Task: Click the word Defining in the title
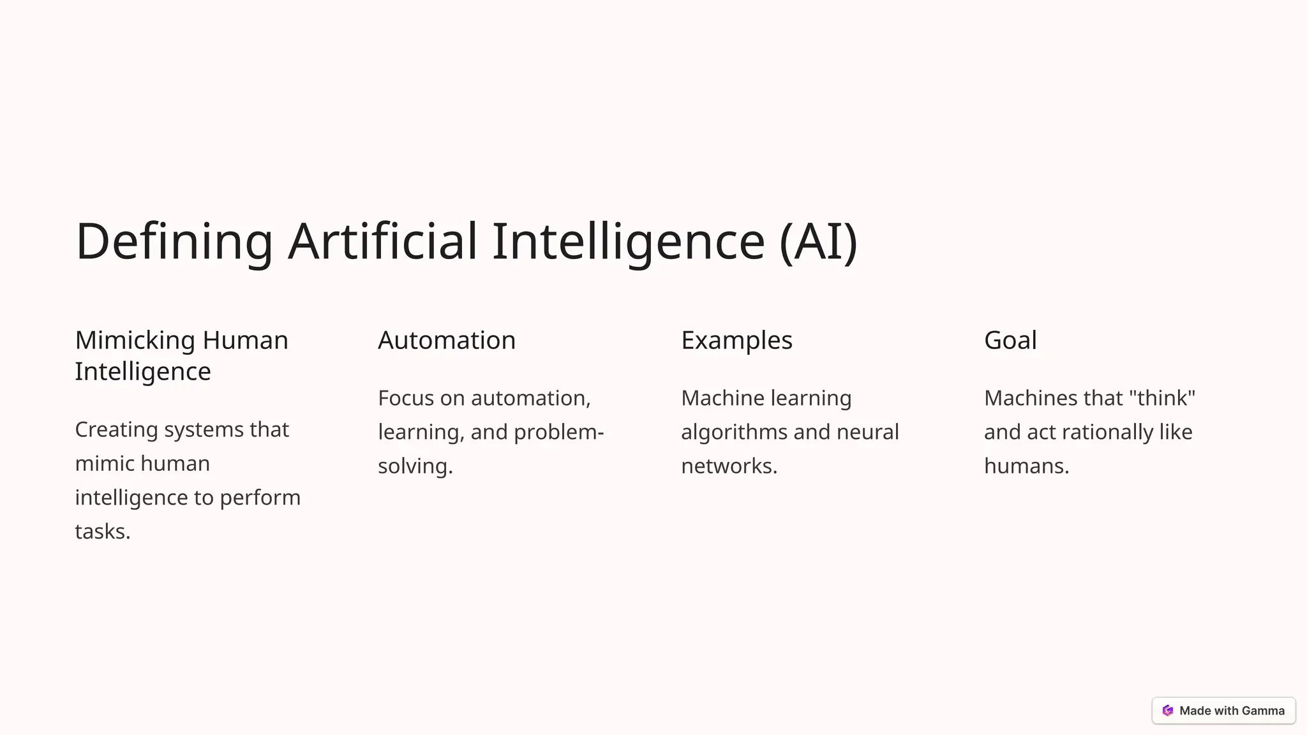[174, 241]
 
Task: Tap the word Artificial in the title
[382, 241]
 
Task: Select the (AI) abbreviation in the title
[818, 241]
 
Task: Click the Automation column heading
[447, 340]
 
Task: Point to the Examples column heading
[736, 341]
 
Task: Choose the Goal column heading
[1010, 340]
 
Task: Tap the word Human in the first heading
[245, 340]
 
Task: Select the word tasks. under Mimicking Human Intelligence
[103, 531]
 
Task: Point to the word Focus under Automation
[406, 398]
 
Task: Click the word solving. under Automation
[415, 466]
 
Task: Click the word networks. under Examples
[729, 466]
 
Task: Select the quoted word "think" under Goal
[1162, 398]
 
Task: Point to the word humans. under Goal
[1026, 466]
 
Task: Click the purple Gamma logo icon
[1168, 711]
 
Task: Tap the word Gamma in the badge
[1263, 711]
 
